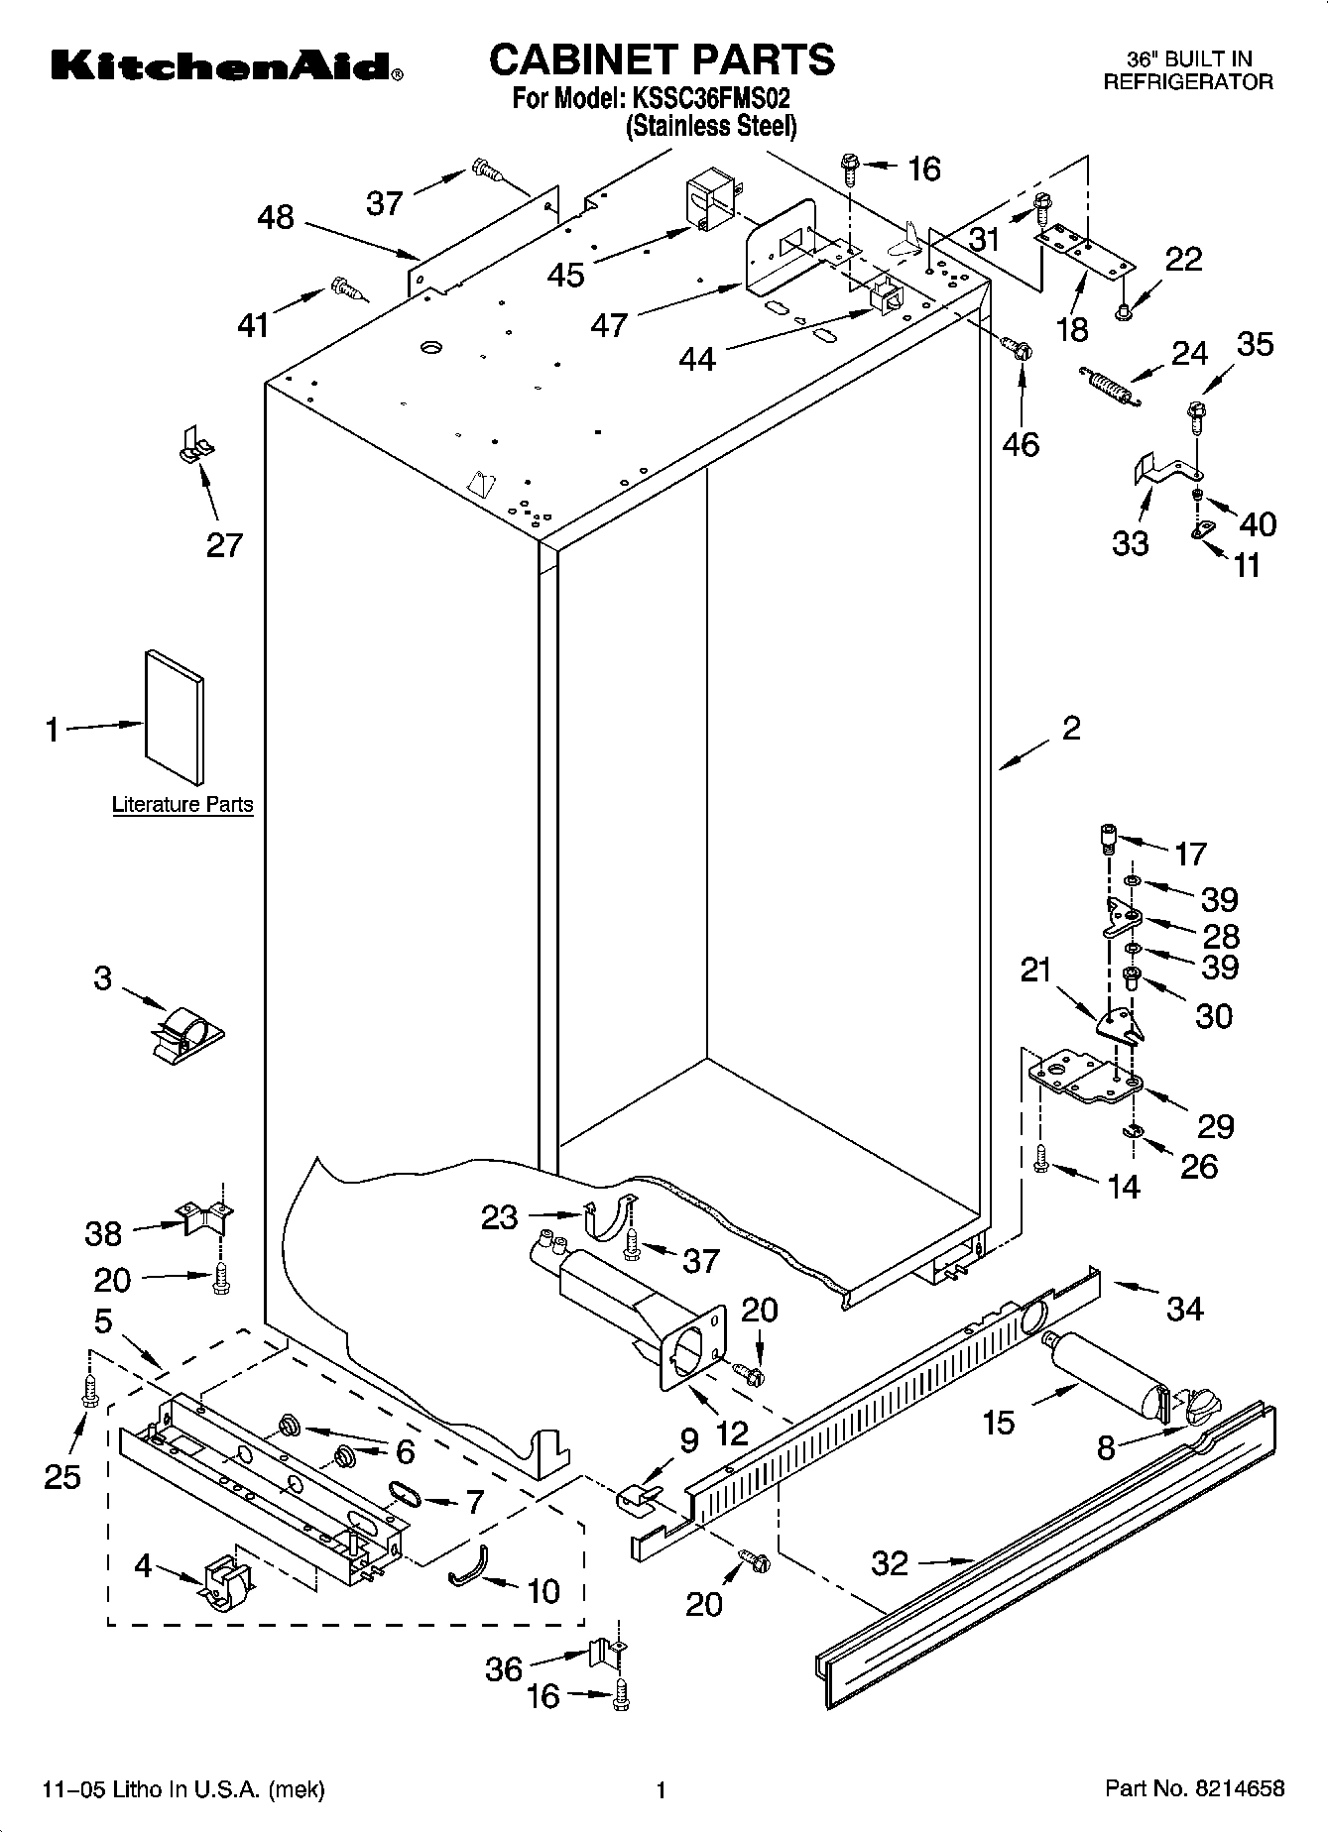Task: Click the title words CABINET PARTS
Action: (x=662, y=59)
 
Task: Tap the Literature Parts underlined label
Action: (x=182, y=804)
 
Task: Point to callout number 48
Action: (x=276, y=217)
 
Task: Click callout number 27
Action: (x=224, y=544)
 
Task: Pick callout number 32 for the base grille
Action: (x=890, y=1563)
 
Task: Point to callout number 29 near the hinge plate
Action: (x=1215, y=1125)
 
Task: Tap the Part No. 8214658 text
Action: (x=1195, y=1788)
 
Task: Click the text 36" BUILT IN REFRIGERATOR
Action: (x=1188, y=71)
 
